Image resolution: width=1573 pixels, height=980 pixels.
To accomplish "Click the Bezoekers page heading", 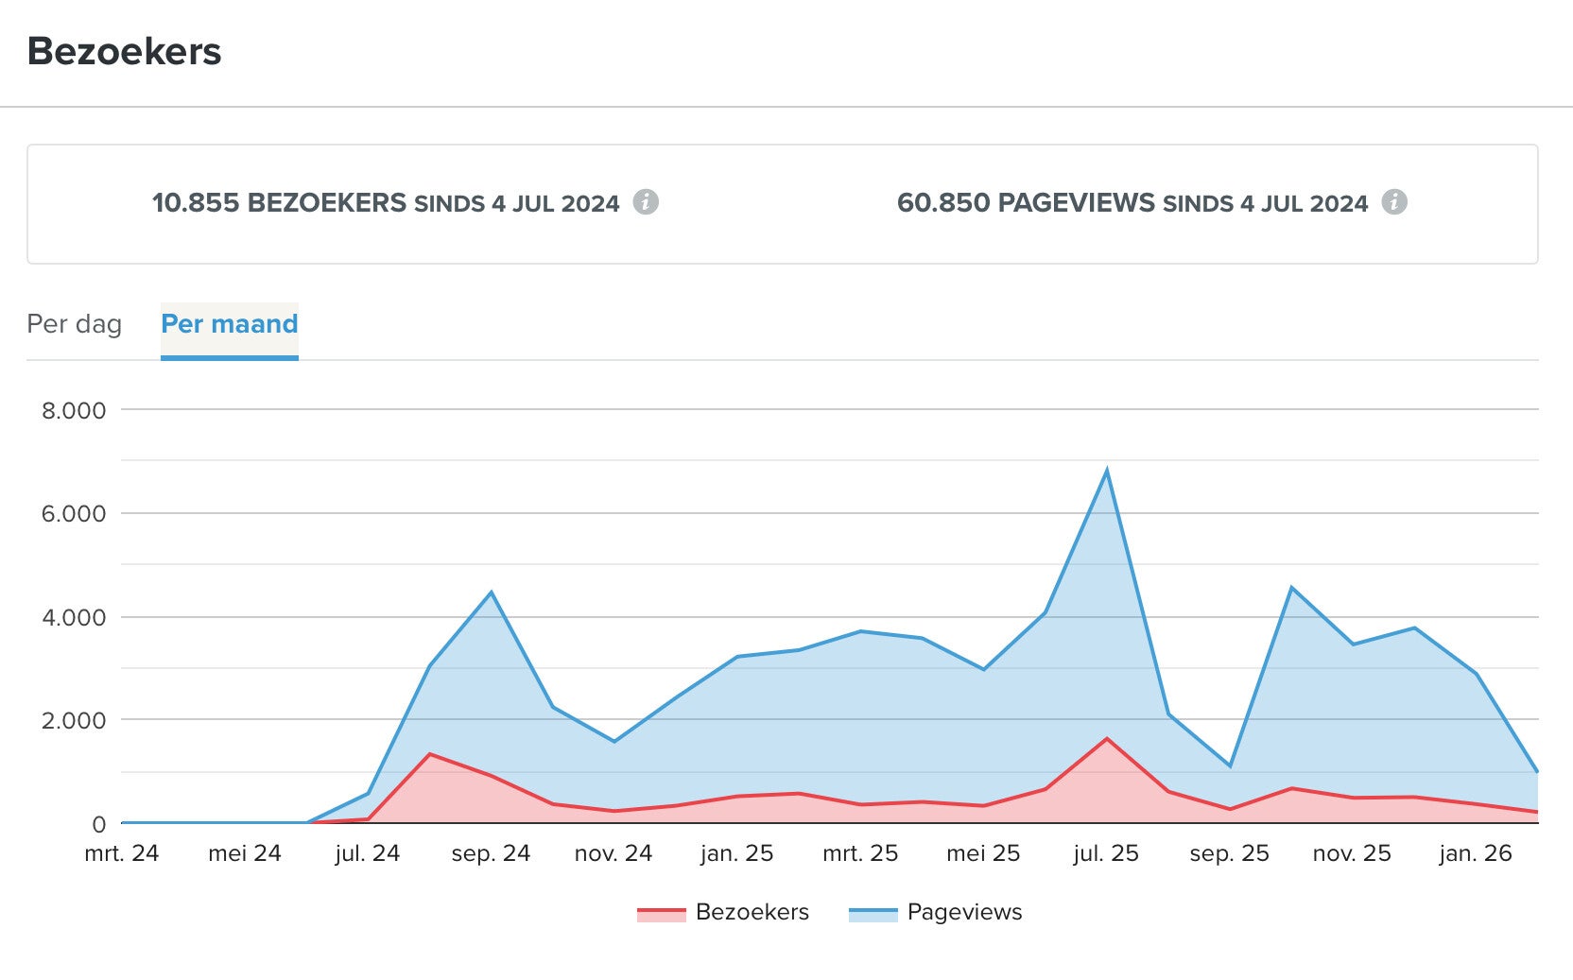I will (x=124, y=52).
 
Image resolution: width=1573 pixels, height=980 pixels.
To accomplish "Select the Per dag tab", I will (x=74, y=324).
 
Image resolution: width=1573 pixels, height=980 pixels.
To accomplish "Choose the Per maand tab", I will (x=229, y=324).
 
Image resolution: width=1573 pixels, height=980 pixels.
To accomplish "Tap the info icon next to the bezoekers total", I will (x=646, y=201).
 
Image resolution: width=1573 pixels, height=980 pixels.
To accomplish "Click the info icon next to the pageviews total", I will (x=1394, y=201).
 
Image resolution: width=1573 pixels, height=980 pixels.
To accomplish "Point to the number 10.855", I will (x=196, y=203).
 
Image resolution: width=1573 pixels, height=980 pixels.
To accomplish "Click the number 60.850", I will (x=943, y=203).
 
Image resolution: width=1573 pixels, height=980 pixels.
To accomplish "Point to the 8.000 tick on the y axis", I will (x=74, y=411).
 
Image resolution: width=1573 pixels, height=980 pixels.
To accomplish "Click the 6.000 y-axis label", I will (x=74, y=514).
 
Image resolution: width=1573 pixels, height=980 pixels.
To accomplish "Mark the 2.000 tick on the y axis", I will (x=74, y=721).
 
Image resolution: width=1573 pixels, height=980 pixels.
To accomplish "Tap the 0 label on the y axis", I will (x=98, y=825).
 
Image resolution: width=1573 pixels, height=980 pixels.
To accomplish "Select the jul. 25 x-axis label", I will (x=1106, y=854).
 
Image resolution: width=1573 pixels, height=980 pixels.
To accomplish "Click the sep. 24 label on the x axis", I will (x=491, y=854).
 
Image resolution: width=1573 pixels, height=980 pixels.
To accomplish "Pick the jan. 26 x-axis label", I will (x=1476, y=854).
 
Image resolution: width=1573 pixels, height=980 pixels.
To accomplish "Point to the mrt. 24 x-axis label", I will (x=122, y=854).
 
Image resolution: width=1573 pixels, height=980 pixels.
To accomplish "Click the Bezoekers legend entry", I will (x=724, y=913).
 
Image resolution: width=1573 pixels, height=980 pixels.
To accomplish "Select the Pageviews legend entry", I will (x=936, y=913).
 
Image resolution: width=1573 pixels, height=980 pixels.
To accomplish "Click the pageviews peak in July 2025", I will (x=1106, y=471).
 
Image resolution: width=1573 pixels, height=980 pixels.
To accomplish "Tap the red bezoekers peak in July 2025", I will (x=1106, y=739).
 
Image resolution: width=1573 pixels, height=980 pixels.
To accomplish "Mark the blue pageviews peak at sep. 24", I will (x=491, y=593).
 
